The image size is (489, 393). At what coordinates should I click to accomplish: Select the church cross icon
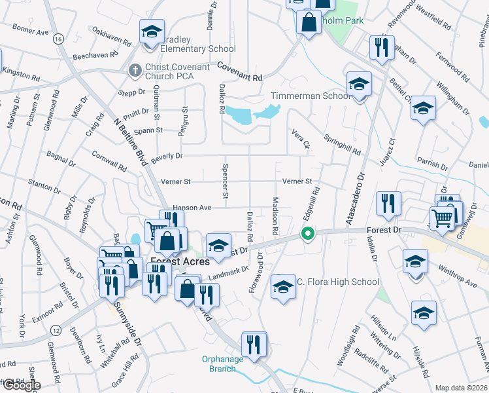pos(135,69)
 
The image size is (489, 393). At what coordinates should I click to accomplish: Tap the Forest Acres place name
pos(171,261)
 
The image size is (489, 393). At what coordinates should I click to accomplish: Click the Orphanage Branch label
pos(222,364)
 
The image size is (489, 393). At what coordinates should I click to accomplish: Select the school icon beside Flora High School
pos(283,287)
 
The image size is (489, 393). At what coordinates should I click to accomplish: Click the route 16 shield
pos(59,40)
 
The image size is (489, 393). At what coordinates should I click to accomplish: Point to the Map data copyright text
pos(462,388)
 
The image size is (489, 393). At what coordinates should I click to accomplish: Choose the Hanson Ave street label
pos(193,208)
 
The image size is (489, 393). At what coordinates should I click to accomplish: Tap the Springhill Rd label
pos(344,145)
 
